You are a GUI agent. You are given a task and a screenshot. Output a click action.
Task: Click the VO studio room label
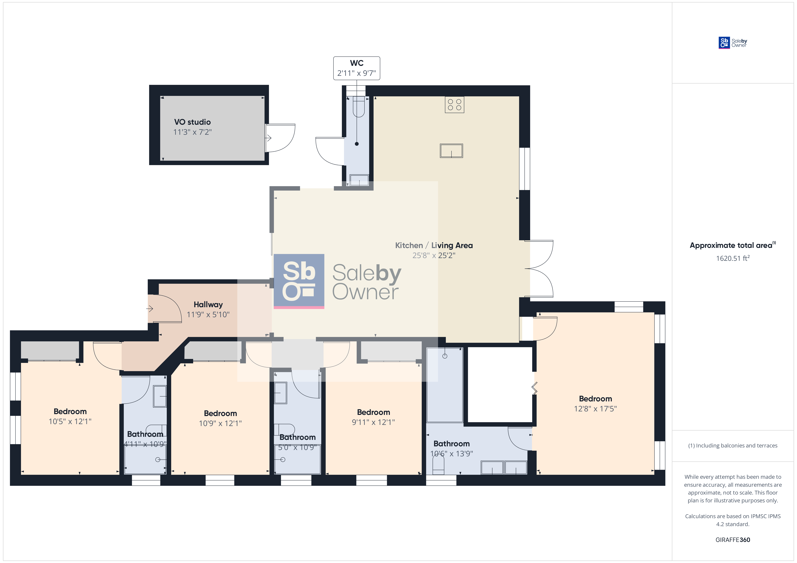click(x=192, y=122)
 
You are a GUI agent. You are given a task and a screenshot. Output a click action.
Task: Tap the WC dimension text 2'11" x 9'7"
click(x=356, y=73)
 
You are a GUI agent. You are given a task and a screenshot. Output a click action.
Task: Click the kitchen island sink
click(x=451, y=151)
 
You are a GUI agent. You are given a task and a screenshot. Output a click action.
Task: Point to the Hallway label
click(x=208, y=305)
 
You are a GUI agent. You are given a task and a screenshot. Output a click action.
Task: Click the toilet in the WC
click(x=359, y=107)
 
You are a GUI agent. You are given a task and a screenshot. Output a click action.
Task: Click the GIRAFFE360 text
click(x=733, y=540)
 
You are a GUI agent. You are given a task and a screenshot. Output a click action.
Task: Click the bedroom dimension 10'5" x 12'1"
click(x=70, y=421)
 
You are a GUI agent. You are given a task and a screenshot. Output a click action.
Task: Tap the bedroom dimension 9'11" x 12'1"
click(x=374, y=422)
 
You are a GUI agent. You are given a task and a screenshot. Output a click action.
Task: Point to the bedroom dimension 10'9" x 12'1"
click(x=220, y=423)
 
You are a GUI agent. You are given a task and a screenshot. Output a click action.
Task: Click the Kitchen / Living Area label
click(x=434, y=246)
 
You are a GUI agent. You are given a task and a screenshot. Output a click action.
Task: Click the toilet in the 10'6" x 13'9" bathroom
click(x=438, y=464)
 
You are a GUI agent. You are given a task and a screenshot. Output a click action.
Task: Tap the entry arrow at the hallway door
click(x=150, y=308)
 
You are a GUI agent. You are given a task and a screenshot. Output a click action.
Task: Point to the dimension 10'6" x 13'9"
click(x=452, y=454)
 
